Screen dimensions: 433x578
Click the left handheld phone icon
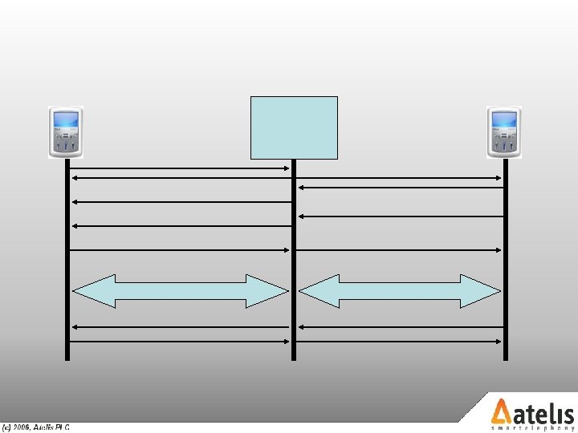coord(66,132)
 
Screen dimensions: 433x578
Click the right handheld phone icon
coord(504,132)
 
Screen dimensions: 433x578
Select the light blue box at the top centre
coord(294,127)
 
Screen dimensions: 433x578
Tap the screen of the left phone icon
coord(66,121)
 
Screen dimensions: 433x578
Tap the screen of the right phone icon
coord(504,121)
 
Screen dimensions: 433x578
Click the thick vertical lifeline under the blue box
coord(294,265)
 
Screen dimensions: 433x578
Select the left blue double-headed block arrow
coord(181,291)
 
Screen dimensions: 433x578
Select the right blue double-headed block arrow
coord(400,291)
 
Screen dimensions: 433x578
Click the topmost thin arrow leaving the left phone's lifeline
coord(181,168)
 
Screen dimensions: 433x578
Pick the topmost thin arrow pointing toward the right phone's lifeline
coord(400,178)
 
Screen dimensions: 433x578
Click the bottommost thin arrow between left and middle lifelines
coord(181,342)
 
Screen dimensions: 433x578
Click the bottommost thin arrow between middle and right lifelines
coord(400,342)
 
